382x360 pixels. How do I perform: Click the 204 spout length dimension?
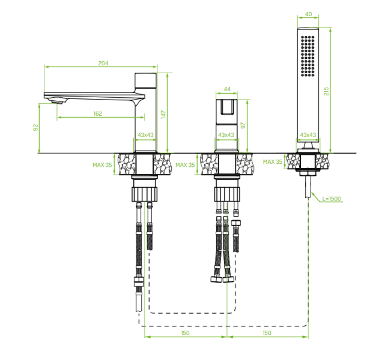(103, 63)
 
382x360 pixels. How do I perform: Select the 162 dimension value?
(97, 113)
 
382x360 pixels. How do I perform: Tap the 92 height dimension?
(35, 128)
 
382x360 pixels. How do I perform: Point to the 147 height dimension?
(163, 115)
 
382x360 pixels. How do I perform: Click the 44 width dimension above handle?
(227, 89)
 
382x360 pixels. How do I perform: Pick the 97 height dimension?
(243, 125)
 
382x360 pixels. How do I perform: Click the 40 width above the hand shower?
(308, 14)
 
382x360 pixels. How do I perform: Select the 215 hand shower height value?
(326, 91)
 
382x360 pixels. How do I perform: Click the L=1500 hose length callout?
(332, 199)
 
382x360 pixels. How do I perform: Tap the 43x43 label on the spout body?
(145, 134)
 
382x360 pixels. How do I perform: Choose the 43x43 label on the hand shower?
(308, 134)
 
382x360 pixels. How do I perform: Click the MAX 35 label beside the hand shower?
(273, 161)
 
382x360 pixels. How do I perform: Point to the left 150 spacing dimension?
(185, 333)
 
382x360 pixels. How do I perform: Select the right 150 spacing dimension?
(267, 333)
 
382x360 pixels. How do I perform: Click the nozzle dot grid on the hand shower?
(308, 56)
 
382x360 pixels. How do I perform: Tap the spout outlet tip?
(57, 102)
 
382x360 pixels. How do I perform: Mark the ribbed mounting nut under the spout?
(145, 194)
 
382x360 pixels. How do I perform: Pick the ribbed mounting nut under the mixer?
(227, 194)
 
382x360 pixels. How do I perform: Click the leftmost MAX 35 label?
(102, 165)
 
